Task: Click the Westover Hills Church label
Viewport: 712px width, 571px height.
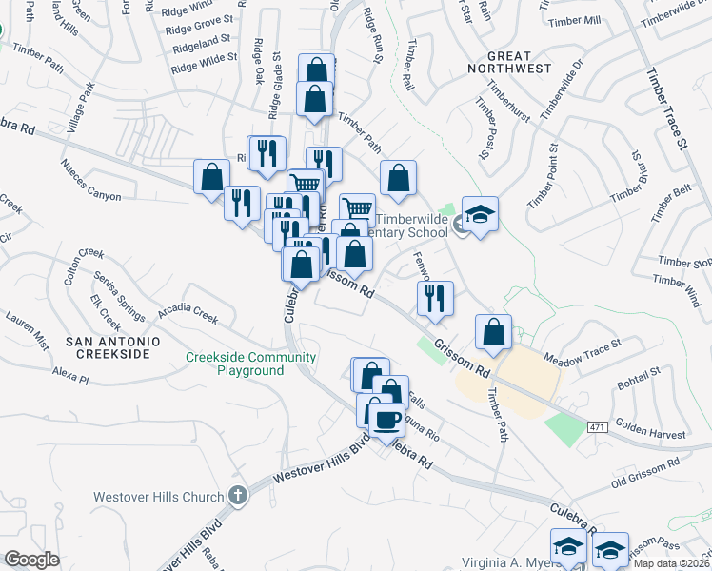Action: pos(159,497)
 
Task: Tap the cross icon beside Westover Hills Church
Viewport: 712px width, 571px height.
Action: pos(237,496)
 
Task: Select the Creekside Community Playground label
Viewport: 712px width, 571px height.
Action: pos(250,364)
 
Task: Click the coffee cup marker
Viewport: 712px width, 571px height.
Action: pos(386,420)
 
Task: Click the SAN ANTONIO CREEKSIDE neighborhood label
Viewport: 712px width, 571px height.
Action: pos(108,346)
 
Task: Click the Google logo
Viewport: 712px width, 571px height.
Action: pos(30,560)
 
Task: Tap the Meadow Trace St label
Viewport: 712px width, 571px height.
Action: pos(582,351)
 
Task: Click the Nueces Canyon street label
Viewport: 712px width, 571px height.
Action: pos(91,181)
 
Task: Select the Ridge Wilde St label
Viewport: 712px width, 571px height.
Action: pos(203,62)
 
